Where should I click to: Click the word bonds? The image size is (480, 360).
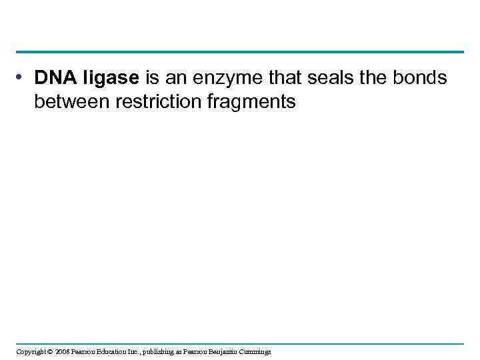tap(421, 79)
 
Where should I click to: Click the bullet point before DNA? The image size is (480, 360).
tap(23, 78)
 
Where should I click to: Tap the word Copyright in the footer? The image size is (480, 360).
tap(31, 351)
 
